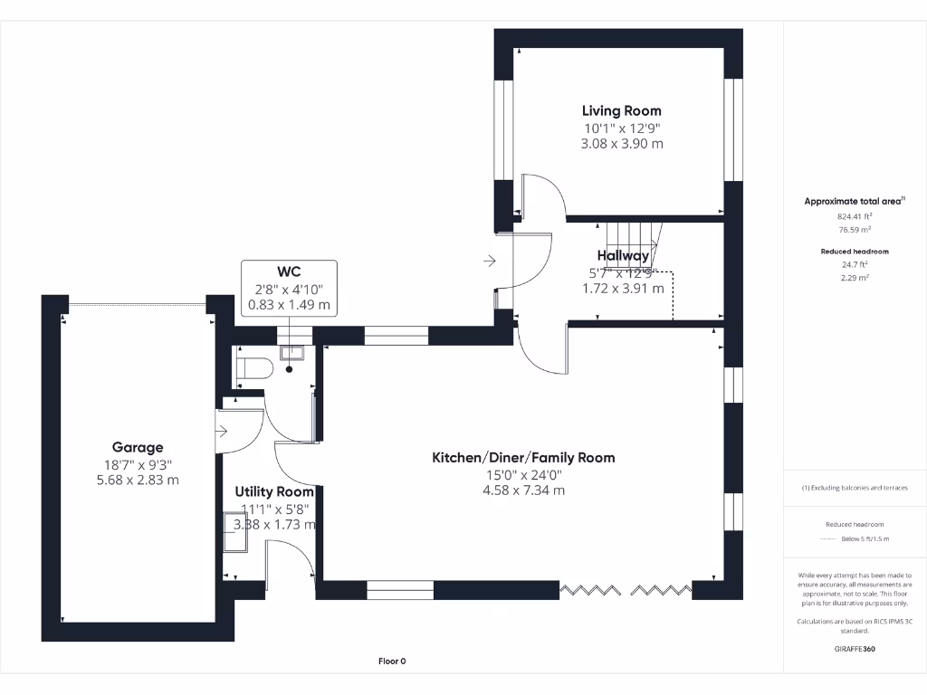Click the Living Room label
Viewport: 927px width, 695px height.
click(x=621, y=110)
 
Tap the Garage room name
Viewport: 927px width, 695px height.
click(x=138, y=447)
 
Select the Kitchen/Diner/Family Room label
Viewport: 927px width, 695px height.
click(x=523, y=458)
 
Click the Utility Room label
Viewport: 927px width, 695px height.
click(x=274, y=491)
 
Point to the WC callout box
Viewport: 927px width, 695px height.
click(x=289, y=288)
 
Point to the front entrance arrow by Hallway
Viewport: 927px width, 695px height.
click(x=490, y=262)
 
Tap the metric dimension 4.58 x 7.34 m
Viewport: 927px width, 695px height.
click(x=523, y=490)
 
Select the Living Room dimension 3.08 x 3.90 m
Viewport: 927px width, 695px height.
click(x=621, y=143)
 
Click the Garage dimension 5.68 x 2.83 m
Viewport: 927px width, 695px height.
click(x=138, y=480)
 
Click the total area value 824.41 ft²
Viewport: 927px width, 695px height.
click(x=855, y=217)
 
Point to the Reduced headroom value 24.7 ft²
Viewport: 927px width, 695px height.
click(x=855, y=265)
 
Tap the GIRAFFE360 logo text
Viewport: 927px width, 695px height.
click(x=855, y=649)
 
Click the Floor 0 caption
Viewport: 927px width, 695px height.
click(x=392, y=662)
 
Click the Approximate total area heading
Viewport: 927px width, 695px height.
click(x=855, y=202)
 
